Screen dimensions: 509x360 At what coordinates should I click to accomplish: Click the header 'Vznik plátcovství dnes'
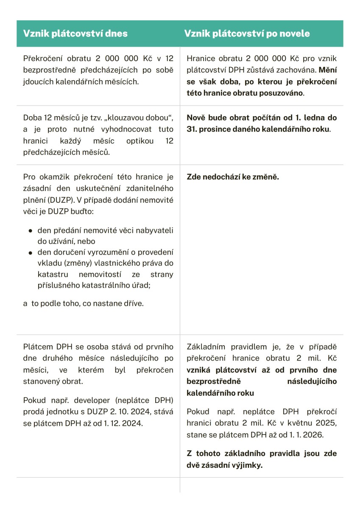75,34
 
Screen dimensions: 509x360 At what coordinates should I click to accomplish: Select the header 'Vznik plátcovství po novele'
247,34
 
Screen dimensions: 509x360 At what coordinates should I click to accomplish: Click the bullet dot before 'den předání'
30,231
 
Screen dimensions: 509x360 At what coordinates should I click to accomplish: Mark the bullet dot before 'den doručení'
30,253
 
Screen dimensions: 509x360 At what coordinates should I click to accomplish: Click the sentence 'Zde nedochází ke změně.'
233,177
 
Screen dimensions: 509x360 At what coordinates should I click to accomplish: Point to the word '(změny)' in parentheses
52,263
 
